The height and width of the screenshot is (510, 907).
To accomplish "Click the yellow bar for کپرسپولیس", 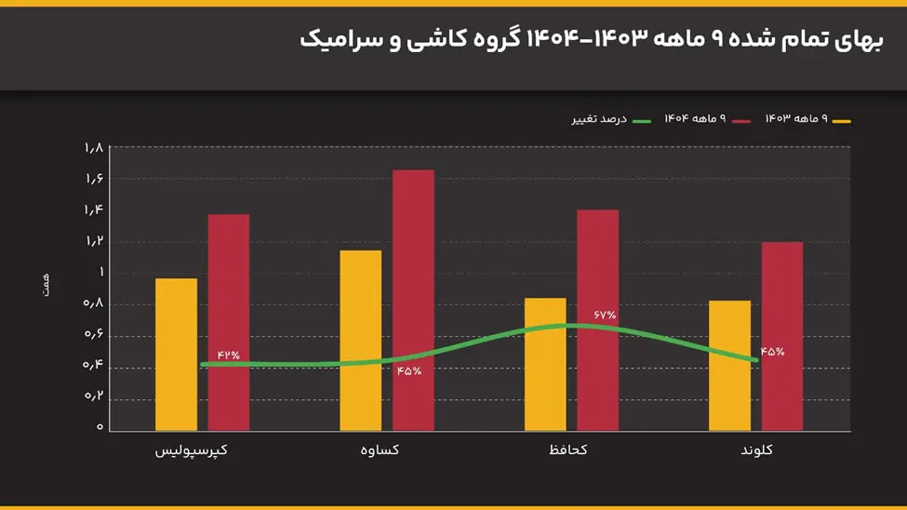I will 176,355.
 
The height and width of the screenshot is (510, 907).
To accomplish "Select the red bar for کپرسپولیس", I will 228,322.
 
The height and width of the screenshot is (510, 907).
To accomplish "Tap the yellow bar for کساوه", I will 360,340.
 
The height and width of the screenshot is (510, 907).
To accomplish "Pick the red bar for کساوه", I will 413,300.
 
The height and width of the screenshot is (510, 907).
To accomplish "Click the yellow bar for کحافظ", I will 545,364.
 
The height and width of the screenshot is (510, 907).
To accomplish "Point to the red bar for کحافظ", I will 597,320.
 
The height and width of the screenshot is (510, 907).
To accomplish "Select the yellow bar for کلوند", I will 729,365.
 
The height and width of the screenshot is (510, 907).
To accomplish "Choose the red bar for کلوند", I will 781,336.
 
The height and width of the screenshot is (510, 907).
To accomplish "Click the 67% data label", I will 605,315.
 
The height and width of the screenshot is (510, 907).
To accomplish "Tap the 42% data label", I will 228,355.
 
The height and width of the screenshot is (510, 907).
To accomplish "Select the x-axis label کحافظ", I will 565,450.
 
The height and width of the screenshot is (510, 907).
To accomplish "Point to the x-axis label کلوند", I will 756,450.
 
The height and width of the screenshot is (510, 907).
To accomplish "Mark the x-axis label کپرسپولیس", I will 192,450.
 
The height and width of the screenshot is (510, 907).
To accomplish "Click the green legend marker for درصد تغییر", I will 641,121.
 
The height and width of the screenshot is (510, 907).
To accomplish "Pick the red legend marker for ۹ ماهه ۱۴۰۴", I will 740,121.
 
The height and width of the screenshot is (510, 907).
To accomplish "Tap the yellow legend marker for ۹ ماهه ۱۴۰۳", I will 841,121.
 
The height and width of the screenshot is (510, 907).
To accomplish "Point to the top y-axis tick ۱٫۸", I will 93,148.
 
